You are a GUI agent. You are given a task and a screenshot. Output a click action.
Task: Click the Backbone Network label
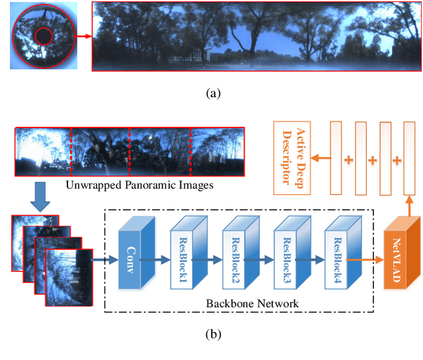point(251,303)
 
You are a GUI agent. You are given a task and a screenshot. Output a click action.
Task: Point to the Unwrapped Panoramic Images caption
point(139,185)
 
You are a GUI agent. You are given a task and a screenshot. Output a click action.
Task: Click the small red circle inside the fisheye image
point(44,36)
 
